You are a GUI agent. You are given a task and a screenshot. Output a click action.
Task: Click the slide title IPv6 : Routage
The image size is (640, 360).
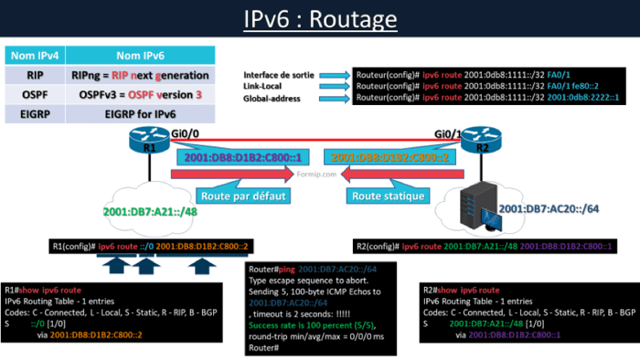click(320, 19)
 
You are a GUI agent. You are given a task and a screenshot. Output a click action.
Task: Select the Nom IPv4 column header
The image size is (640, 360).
click(36, 56)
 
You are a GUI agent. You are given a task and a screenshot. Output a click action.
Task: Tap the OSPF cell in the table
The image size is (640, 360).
click(36, 94)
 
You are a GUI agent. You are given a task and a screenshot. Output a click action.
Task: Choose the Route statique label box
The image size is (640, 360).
click(388, 195)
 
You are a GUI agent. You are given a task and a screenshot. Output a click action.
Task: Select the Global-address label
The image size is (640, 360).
click(272, 97)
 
